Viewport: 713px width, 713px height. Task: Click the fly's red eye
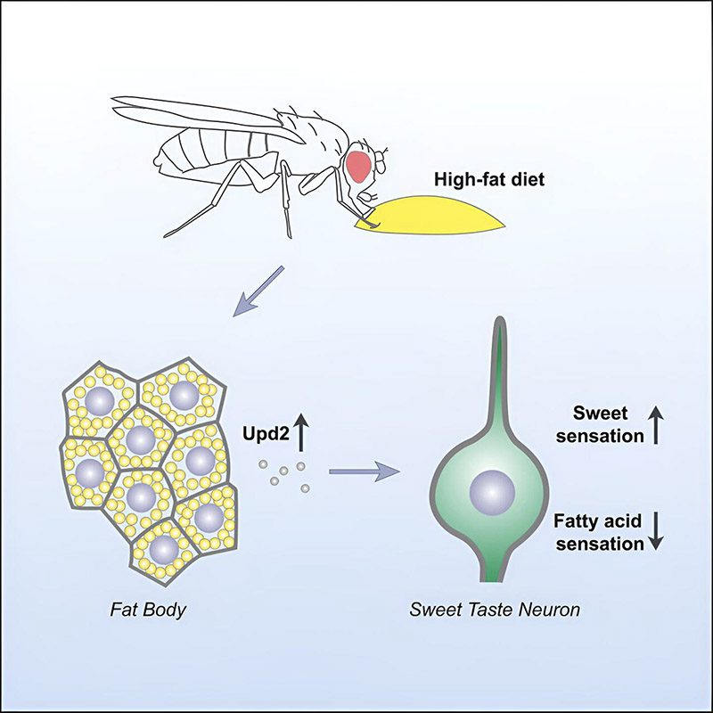point(359,167)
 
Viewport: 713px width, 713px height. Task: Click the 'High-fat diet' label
point(488,179)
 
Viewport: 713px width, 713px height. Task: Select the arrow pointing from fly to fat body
point(258,291)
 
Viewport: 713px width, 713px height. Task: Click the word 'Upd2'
point(266,434)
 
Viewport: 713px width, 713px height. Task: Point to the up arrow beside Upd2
point(300,433)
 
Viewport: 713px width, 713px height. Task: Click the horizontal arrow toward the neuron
point(365,471)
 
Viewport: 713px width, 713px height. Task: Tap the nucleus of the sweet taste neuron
point(492,493)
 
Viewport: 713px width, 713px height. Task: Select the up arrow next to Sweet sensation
point(655,425)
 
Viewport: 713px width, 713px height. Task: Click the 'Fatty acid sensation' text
point(599,532)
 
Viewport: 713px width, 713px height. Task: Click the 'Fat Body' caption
point(148,610)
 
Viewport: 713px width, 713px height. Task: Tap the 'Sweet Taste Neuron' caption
point(495,610)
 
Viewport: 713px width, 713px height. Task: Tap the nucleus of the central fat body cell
point(141,439)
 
